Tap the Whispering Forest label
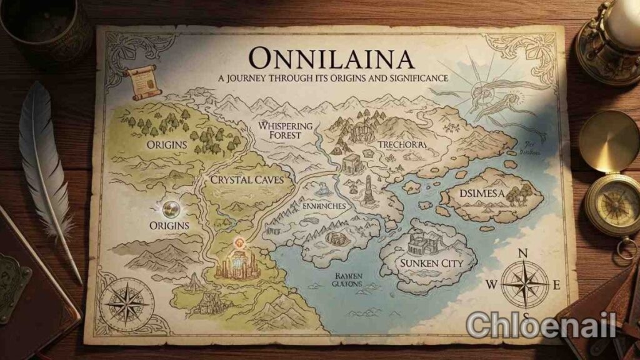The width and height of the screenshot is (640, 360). (x=285, y=129)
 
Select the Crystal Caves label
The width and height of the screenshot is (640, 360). (x=243, y=179)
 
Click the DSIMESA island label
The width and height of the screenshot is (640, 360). (x=482, y=193)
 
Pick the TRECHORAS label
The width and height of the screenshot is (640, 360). (x=402, y=144)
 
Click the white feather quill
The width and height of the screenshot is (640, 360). (x=47, y=162)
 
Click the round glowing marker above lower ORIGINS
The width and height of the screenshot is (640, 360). (x=169, y=207)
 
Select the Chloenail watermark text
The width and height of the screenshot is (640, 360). (x=541, y=324)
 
